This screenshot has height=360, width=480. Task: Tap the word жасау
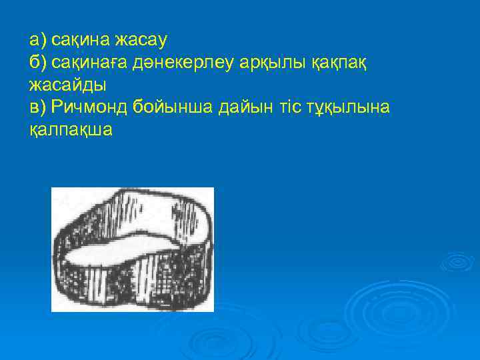tap(141, 41)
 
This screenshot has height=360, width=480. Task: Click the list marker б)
tap(39, 63)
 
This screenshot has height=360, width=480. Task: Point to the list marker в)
tap(39, 107)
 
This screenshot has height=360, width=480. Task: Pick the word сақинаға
tap(89, 63)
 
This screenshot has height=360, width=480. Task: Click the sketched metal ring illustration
tap(133, 249)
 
